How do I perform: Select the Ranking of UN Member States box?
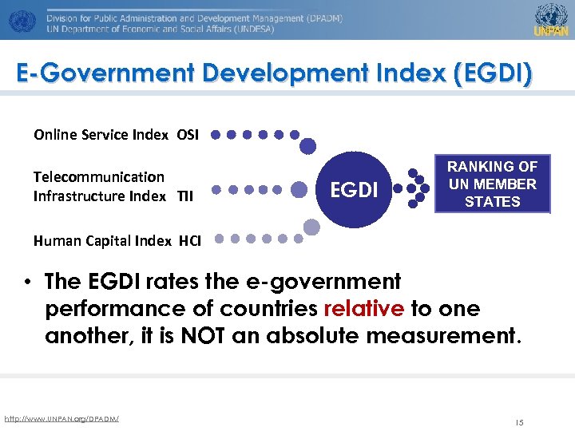[492, 184]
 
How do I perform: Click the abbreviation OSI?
[188, 134]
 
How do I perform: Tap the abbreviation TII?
[184, 196]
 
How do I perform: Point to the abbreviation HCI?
[190, 240]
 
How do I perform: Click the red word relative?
[363, 309]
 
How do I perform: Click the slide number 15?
[519, 422]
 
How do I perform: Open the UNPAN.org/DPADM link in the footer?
[61, 418]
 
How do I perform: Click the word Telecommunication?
[98, 177]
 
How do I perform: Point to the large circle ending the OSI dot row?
[307, 145]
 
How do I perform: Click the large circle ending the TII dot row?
[299, 190]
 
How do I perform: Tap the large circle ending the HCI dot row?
[311, 228]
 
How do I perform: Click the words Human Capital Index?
[102, 240]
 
